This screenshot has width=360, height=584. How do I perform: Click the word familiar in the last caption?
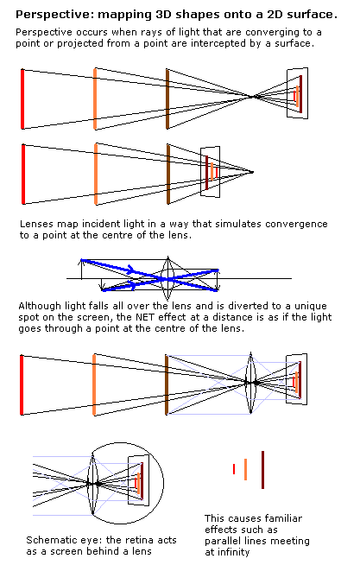point(284,518)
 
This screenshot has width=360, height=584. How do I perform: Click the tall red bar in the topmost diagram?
point(22,99)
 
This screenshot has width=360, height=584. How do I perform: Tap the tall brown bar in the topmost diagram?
point(167,99)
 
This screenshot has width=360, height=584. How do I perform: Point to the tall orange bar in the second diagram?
point(96,175)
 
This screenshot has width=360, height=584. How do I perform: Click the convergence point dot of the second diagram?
point(252,172)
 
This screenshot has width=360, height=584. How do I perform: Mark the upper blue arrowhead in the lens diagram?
point(130,270)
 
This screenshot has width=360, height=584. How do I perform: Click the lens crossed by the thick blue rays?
point(167,278)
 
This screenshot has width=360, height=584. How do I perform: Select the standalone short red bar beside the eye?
point(234,469)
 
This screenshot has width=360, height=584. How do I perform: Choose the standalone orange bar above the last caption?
point(245,469)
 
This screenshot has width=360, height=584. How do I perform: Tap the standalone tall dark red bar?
point(262,470)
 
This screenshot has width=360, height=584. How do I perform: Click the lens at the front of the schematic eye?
point(92,484)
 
